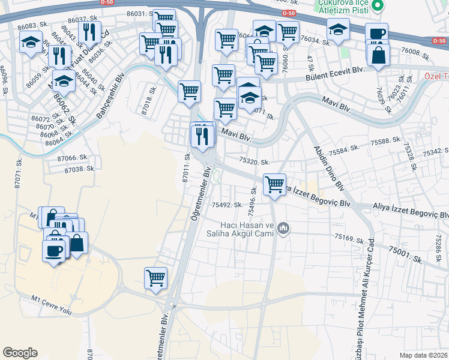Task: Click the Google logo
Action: click(x=20, y=352)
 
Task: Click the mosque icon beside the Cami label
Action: click(x=284, y=228)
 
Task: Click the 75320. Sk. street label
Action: click(x=255, y=161)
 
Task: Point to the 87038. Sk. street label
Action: click(x=80, y=169)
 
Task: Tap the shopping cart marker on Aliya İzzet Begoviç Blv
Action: click(x=274, y=184)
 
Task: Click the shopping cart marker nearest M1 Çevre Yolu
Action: click(x=155, y=278)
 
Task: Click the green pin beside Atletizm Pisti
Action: click(x=378, y=7)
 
